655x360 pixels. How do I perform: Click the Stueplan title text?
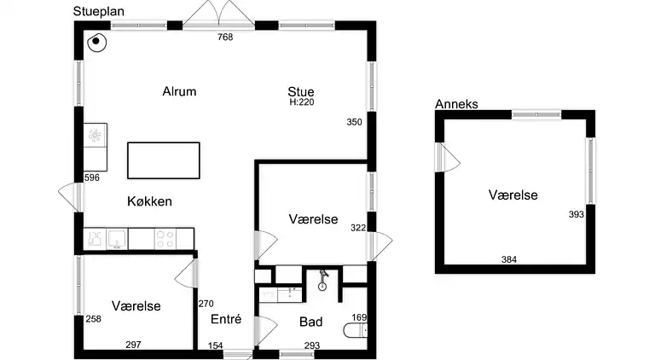point(99,12)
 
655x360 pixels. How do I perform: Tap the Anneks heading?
point(456,104)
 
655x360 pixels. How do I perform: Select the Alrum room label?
point(179,91)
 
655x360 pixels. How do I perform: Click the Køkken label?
point(149,201)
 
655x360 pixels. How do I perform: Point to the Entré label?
point(226,319)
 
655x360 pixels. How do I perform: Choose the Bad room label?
point(310,322)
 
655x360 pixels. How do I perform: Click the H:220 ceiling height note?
point(302,102)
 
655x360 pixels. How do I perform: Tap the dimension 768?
point(225,38)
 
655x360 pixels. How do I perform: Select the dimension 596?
point(92,177)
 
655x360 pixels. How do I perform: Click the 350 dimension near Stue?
point(354,122)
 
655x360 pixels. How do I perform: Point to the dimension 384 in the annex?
point(509,260)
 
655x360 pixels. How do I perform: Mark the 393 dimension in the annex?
point(576,215)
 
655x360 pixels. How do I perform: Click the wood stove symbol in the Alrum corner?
point(97,42)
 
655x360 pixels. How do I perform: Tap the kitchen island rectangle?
point(164,160)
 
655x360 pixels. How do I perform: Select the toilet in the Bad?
point(355,330)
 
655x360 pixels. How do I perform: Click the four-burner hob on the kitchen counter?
point(165,240)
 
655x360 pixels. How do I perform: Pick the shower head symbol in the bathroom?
point(323,280)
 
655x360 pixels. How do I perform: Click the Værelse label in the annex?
point(513,195)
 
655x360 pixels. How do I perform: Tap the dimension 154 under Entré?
point(216,345)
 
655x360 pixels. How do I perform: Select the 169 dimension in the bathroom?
point(359,317)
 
